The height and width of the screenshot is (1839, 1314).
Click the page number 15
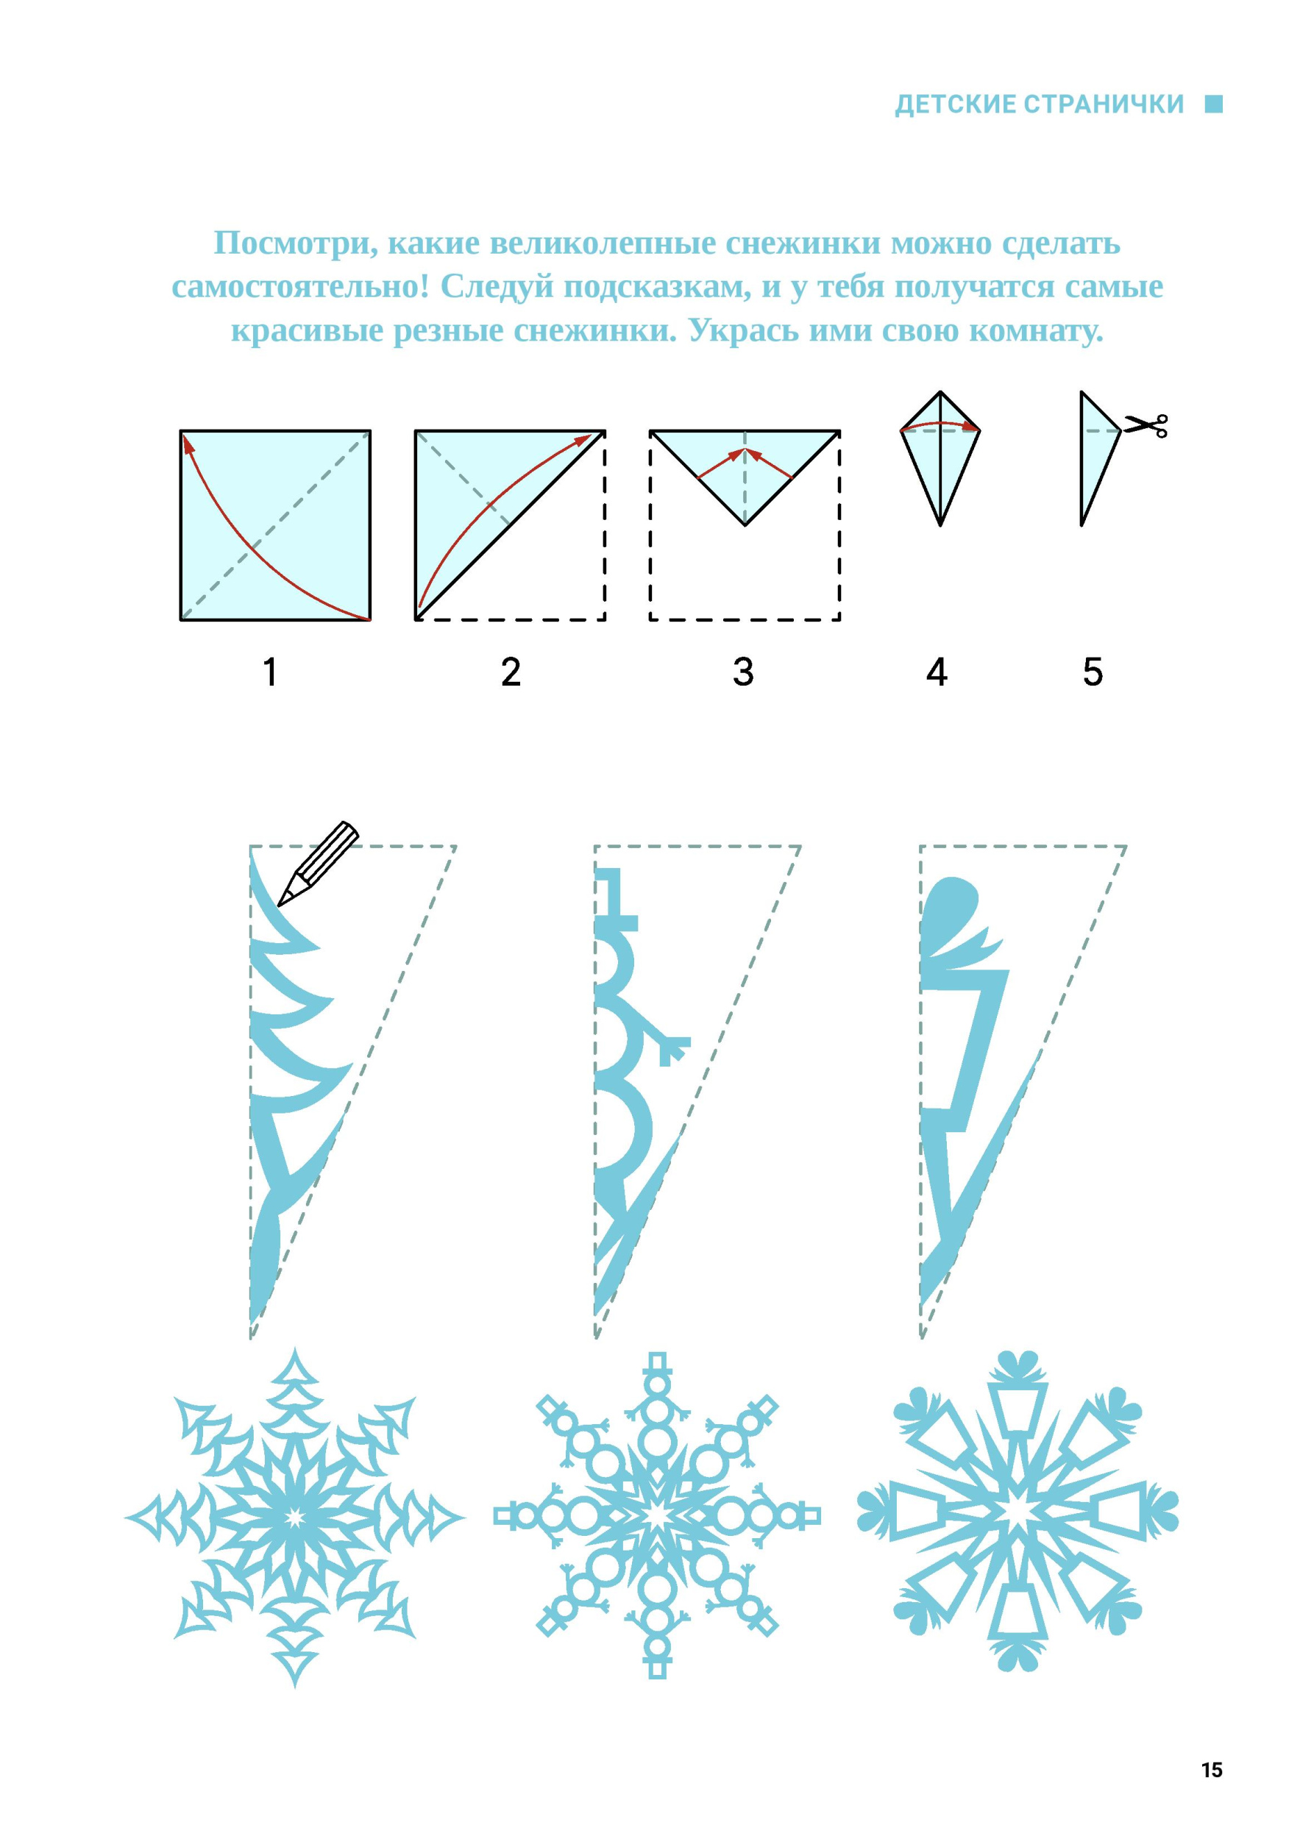[x=1211, y=1769]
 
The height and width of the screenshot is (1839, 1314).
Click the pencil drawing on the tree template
[x=318, y=864]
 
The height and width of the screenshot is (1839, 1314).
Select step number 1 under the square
[x=270, y=672]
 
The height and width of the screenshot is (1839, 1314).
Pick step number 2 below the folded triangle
[x=511, y=672]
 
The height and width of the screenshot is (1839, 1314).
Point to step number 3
[x=743, y=672]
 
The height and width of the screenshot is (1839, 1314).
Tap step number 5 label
[x=1093, y=672]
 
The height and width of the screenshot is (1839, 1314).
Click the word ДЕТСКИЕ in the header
[x=955, y=104]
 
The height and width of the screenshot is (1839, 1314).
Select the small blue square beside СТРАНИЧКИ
[x=1214, y=104]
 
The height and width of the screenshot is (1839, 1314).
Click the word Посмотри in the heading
[x=296, y=243]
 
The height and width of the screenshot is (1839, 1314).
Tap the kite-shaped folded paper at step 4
[x=940, y=458]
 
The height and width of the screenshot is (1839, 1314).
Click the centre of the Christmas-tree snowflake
[x=294, y=1518]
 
